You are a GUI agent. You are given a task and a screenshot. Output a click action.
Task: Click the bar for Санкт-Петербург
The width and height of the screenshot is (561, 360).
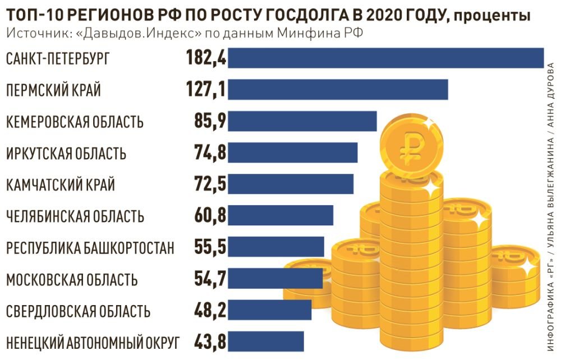point(386,58)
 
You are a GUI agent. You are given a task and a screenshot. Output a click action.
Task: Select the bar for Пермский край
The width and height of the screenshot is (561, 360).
point(338,90)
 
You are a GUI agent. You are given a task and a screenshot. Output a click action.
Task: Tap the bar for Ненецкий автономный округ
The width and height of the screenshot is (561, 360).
point(266,341)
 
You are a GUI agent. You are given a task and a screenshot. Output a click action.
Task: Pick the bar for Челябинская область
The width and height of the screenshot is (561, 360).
point(280,215)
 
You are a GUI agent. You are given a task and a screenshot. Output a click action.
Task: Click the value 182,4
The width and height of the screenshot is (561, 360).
point(205,58)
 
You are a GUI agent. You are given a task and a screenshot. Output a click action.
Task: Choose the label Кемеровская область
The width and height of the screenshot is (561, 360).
point(75,121)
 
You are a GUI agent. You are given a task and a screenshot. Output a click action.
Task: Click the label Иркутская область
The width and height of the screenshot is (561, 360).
point(66,153)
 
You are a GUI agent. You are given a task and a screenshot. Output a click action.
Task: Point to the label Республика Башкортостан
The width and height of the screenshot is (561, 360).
point(90,247)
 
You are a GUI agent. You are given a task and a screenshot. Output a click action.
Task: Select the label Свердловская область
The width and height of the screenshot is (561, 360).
point(78,310)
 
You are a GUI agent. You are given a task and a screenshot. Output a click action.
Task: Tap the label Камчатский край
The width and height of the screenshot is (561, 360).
point(61,184)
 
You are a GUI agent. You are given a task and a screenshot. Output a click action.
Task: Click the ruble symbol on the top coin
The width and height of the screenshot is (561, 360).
point(410,145)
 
